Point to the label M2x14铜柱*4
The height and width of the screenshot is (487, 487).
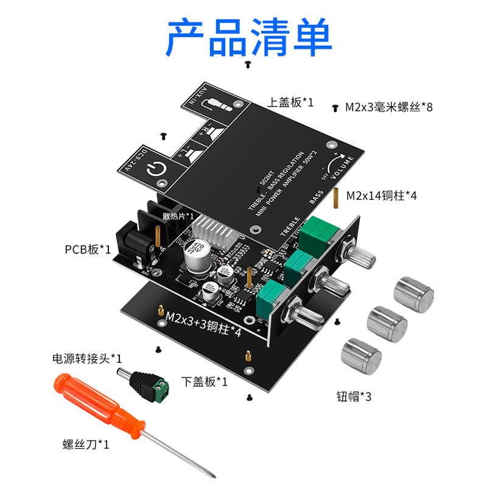tap(382, 196)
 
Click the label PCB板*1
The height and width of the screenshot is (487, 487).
tap(88, 249)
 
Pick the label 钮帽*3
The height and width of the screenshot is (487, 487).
tap(354, 396)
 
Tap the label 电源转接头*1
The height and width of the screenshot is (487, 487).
tap(87, 358)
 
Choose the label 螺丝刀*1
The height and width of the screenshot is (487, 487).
tap(86, 444)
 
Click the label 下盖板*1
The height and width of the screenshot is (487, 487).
tap(205, 382)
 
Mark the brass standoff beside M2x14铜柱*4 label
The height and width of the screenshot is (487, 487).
tap(335, 197)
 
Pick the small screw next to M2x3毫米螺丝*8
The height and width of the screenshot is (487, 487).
tap(335, 107)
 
